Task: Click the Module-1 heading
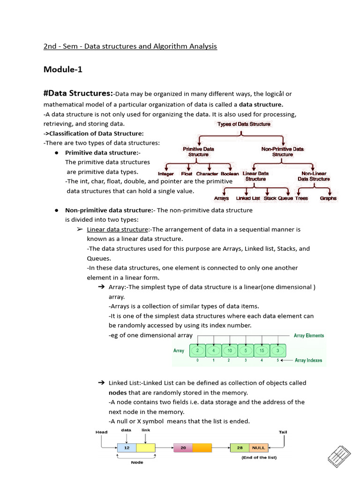[x=63, y=69]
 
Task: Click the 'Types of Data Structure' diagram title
[x=243, y=124]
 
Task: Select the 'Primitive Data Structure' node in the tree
[x=198, y=151]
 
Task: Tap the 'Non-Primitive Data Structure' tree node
[x=282, y=151]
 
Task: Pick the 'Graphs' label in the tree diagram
[x=328, y=198]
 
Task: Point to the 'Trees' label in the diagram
[x=301, y=198]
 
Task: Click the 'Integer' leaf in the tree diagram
[x=166, y=174]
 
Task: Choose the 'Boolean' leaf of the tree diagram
[x=230, y=174]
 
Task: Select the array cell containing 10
[x=229, y=351]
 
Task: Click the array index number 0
[x=197, y=360]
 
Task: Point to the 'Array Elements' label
[x=308, y=336]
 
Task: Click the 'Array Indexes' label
[x=308, y=360]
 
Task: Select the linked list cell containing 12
[x=127, y=448]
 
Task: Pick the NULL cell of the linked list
[x=258, y=448]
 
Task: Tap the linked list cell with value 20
[x=183, y=448]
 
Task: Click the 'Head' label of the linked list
[x=101, y=432]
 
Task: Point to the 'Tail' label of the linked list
[x=283, y=432]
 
